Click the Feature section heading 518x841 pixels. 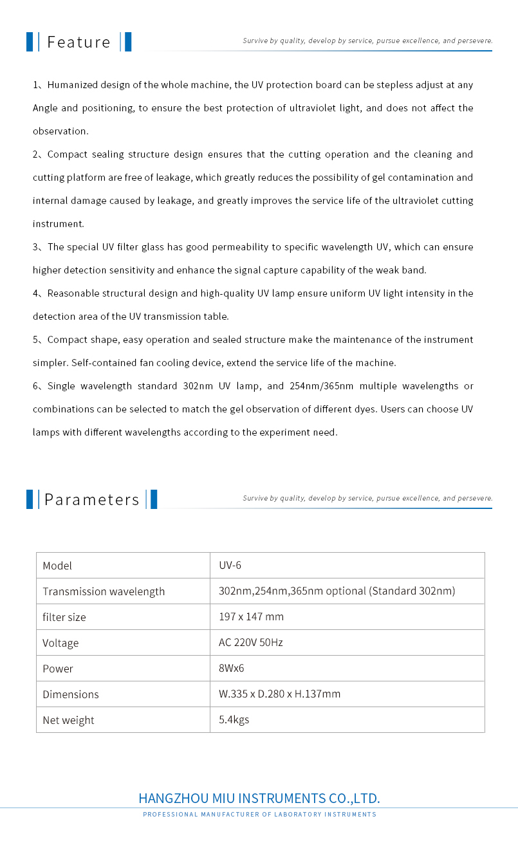point(79,42)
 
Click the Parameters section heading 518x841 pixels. point(91,500)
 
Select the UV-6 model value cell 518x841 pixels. point(230,566)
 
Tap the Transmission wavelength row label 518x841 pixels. point(104,591)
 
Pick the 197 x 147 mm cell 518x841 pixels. point(251,617)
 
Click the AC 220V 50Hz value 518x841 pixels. point(250,643)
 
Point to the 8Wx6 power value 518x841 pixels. point(232,669)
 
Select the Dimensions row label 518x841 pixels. point(71,694)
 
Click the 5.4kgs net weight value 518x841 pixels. point(234,720)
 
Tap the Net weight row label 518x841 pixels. point(68,720)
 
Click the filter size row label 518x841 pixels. point(64,617)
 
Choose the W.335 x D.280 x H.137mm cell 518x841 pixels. point(279,694)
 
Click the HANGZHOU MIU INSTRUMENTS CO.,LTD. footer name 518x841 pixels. point(259,799)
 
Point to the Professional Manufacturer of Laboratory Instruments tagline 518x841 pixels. point(259,815)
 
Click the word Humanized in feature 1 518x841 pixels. point(71,85)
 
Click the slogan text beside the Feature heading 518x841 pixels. point(367,41)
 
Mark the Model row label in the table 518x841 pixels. point(57,566)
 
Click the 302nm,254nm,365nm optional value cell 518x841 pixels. point(337,591)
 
